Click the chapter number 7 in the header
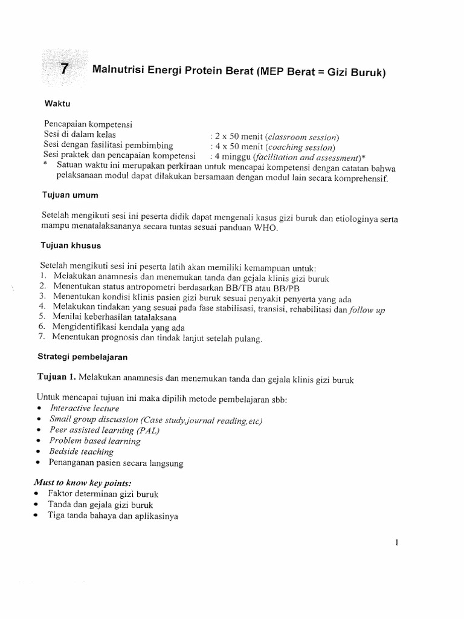(x=65, y=70)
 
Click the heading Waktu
(x=56, y=103)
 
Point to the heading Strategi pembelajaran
(x=84, y=356)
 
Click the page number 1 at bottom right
(x=396, y=543)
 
